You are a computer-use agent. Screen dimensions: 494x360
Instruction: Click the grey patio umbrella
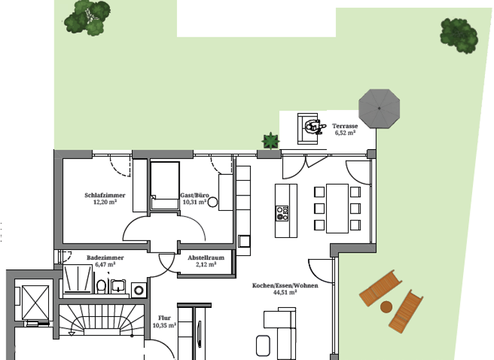point(379,109)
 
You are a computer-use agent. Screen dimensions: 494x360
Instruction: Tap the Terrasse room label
point(345,126)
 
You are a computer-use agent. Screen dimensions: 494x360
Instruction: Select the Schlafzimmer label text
point(105,195)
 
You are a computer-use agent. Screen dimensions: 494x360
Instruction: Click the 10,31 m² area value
point(194,202)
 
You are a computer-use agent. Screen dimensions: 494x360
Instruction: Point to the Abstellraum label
point(206,258)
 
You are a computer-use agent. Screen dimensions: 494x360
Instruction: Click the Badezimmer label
point(105,258)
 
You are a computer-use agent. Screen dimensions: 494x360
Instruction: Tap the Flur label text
point(165,318)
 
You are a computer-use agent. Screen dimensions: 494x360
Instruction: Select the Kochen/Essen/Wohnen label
point(285,285)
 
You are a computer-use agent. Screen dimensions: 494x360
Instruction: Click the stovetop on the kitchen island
point(282,213)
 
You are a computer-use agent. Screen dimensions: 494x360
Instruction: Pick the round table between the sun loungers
point(386,307)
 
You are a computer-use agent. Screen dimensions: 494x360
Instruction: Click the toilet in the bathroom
point(101,286)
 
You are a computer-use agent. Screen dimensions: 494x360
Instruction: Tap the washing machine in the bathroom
point(139,290)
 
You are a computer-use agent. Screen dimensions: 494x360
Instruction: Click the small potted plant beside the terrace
point(271,141)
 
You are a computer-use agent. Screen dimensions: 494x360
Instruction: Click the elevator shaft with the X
point(35,303)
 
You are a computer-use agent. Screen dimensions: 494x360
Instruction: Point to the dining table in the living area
point(337,208)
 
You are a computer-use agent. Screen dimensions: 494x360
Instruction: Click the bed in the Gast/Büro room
point(165,186)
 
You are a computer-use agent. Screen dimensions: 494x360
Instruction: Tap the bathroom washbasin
point(118,287)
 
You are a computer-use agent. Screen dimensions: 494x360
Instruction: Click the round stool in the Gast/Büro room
point(213,203)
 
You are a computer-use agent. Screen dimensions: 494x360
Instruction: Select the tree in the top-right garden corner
point(459,35)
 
